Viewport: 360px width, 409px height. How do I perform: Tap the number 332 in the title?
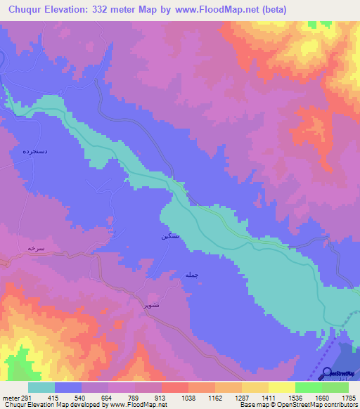pos(108,9)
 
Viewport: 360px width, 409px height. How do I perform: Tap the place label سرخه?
pos(36,248)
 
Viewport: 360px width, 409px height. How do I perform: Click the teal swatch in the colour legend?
pos(41,387)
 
